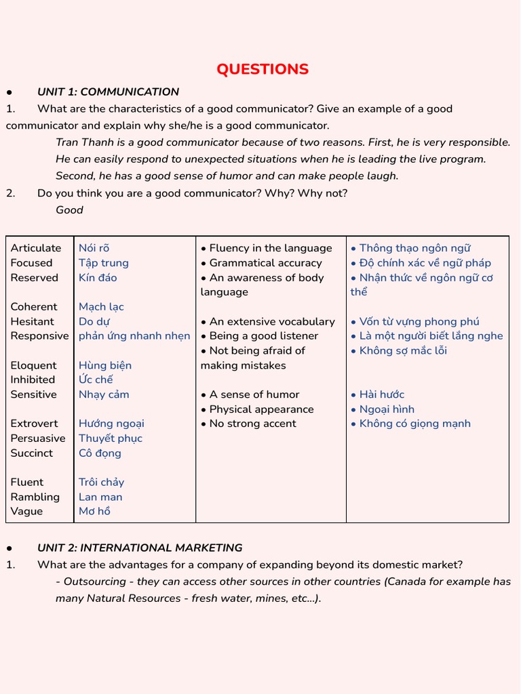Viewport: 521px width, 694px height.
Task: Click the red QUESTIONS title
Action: click(263, 69)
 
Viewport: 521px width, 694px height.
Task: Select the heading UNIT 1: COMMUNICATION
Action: click(108, 92)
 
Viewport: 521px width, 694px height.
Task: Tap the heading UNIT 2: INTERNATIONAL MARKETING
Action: click(140, 548)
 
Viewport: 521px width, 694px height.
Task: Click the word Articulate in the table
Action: click(36, 248)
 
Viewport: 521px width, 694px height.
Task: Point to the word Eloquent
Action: click(34, 365)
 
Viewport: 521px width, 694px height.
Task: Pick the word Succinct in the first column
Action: click(32, 453)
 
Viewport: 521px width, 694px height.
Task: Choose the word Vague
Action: click(26, 511)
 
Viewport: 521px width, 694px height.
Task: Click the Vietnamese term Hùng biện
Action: click(105, 365)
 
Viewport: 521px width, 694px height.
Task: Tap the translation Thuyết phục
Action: click(111, 438)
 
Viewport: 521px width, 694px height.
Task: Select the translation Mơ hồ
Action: click(94, 511)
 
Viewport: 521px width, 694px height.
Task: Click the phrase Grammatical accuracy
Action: click(265, 263)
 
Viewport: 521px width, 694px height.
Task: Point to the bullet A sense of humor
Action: click(254, 394)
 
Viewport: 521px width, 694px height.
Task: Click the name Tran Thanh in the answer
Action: click(83, 142)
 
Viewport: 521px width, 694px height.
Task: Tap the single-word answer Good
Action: click(69, 210)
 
